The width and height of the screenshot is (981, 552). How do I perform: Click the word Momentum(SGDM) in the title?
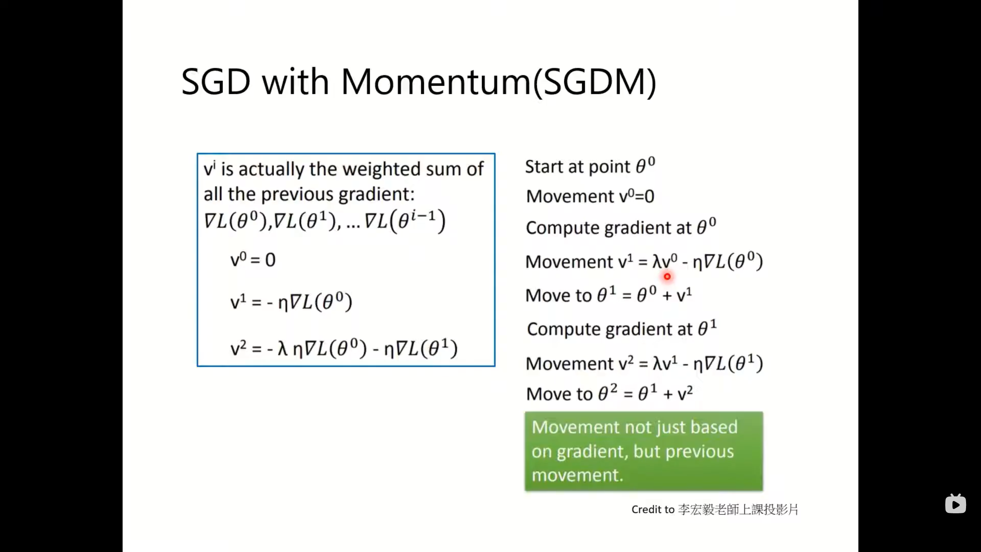tap(498, 82)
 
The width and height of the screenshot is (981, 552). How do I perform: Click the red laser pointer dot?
tap(667, 276)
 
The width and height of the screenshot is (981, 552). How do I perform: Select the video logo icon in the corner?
tap(955, 504)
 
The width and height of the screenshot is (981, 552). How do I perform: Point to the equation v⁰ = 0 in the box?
tap(253, 260)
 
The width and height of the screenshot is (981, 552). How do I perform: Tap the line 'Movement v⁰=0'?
tap(590, 196)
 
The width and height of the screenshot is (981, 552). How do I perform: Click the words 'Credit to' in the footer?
tap(653, 509)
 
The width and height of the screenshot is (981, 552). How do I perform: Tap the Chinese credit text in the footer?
tap(738, 509)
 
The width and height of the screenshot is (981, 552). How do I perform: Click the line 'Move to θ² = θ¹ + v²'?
tap(609, 393)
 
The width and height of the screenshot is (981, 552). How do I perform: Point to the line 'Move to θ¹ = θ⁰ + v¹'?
tap(609, 295)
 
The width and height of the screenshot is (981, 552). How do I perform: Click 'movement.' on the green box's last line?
tap(577, 475)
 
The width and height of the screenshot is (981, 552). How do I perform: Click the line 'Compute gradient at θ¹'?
tap(622, 329)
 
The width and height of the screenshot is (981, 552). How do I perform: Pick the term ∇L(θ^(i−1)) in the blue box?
tap(405, 221)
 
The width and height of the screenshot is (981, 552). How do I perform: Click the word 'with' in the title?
tap(295, 82)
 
